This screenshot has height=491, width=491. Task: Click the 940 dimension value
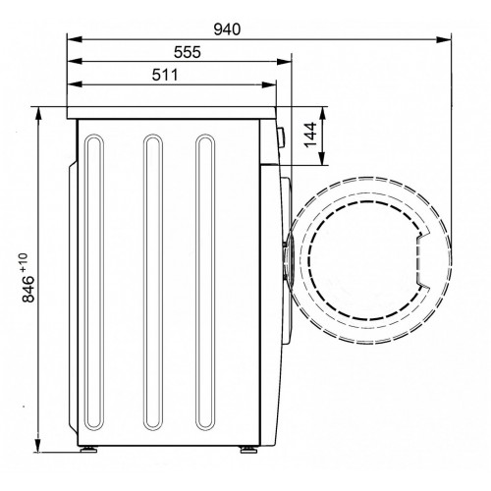click(227, 29)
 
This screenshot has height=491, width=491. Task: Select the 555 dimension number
click(188, 52)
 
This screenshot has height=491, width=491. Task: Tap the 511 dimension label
click(165, 75)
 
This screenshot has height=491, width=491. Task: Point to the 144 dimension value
click(310, 135)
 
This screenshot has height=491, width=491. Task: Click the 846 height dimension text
click(28, 289)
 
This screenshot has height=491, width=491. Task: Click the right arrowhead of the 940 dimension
click(444, 39)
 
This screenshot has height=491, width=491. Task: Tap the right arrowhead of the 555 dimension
click(284, 62)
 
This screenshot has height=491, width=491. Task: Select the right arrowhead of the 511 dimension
click(269, 84)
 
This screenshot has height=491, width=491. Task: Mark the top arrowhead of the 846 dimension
click(38, 114)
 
